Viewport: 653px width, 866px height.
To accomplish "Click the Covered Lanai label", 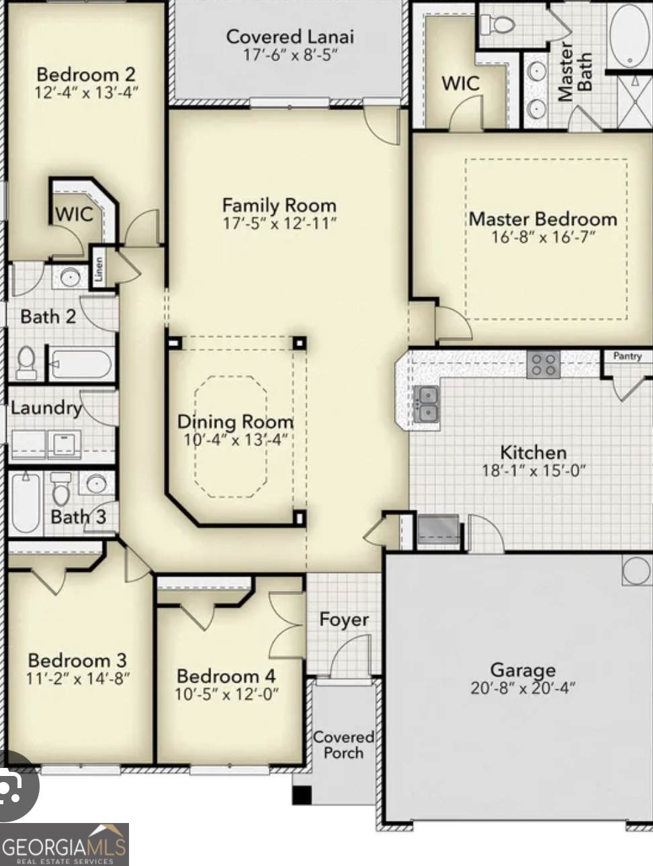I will coord(290,37).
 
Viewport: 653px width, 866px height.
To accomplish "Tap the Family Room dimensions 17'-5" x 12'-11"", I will coord(279,223).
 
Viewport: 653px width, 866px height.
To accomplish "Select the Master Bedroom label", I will coord(543,219).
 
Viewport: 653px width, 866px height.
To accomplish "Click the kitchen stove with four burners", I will coord(542,365).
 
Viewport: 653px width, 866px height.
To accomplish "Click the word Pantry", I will coord(627,356).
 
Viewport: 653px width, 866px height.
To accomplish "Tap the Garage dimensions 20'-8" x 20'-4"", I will coord(523,688).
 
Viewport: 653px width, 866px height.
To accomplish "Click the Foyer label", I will coord(344,619).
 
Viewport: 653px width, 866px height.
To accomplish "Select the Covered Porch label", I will coord(343,744).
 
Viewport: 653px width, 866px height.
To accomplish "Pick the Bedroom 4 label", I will coord(226,676).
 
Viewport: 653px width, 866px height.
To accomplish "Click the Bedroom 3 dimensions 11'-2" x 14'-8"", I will coord(77,679).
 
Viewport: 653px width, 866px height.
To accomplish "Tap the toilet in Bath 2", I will coord(26,362).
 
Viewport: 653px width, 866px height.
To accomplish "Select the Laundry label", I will coord(45,408).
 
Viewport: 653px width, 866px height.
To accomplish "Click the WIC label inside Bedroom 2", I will coord(74,214).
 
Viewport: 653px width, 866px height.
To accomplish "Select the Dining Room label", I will coord(235,422).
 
